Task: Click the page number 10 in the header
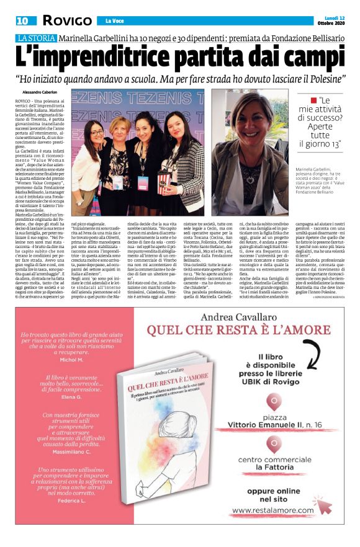pos(22,20)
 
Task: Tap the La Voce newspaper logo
pos(114,20)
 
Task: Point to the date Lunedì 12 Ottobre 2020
pos(332,20)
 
